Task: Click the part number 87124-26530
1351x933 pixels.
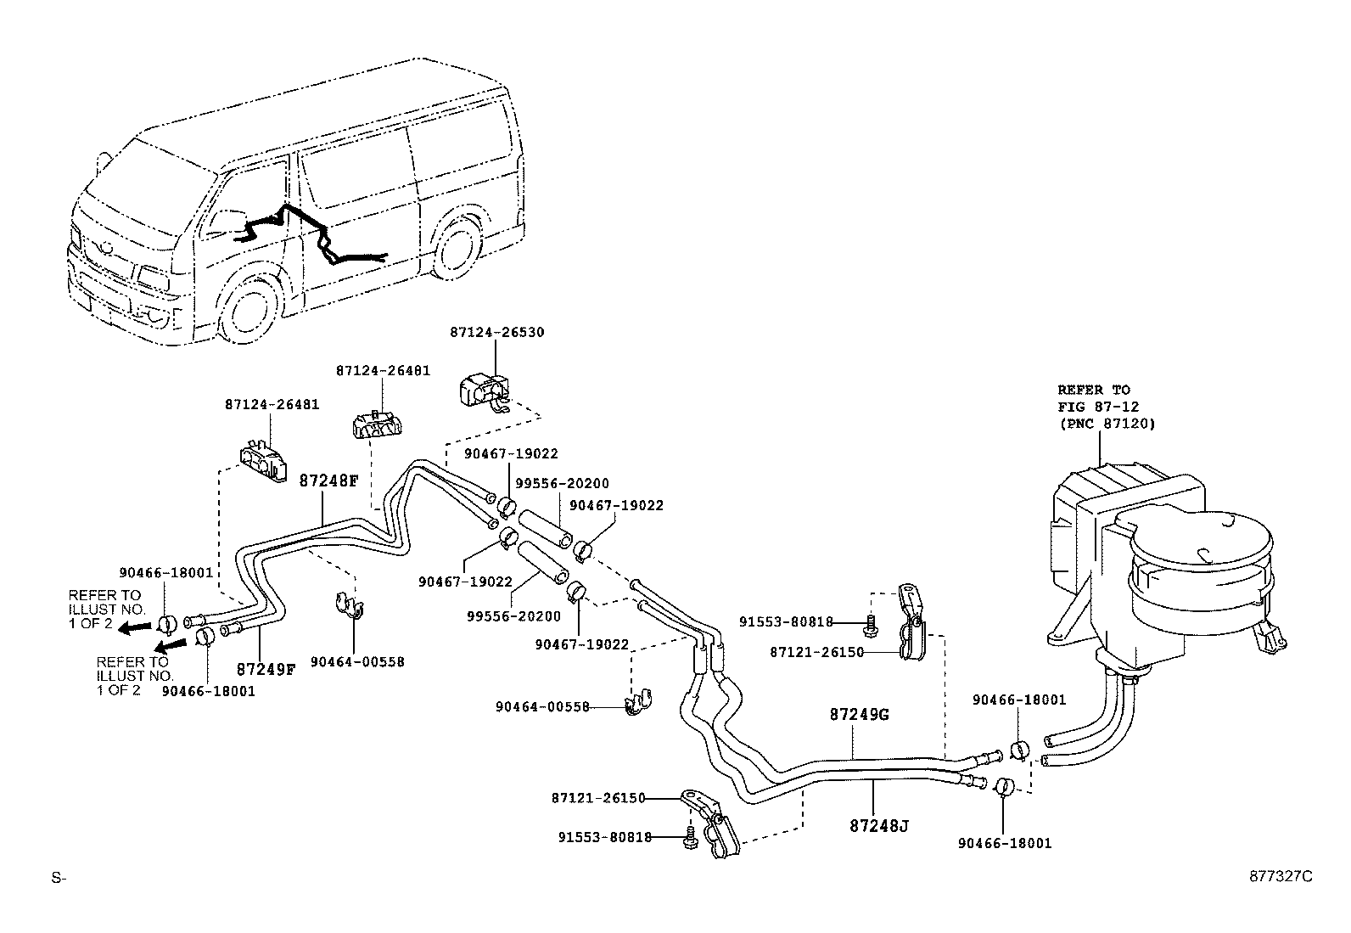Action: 496,333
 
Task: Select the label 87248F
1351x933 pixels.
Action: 328,481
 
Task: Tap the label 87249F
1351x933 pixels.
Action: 266,668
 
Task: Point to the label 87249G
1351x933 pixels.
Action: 859,714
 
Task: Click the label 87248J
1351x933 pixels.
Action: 878,824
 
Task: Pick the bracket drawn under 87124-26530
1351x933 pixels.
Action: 483,392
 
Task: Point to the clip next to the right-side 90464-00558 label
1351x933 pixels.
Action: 636,704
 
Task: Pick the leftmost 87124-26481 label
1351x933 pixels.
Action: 272,405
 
